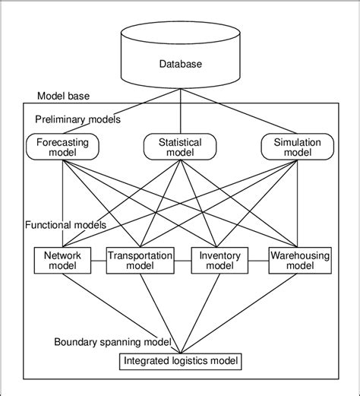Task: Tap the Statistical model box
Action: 180,147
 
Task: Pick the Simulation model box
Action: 298,147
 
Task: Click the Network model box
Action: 62,261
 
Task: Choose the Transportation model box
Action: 140,261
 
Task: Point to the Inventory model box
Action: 219,261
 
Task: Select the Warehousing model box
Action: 299,261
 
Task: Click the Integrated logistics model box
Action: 180,360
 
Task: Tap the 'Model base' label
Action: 62,97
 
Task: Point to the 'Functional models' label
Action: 66,226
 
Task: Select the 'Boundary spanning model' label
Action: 112,342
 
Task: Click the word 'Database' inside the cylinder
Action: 180,65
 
